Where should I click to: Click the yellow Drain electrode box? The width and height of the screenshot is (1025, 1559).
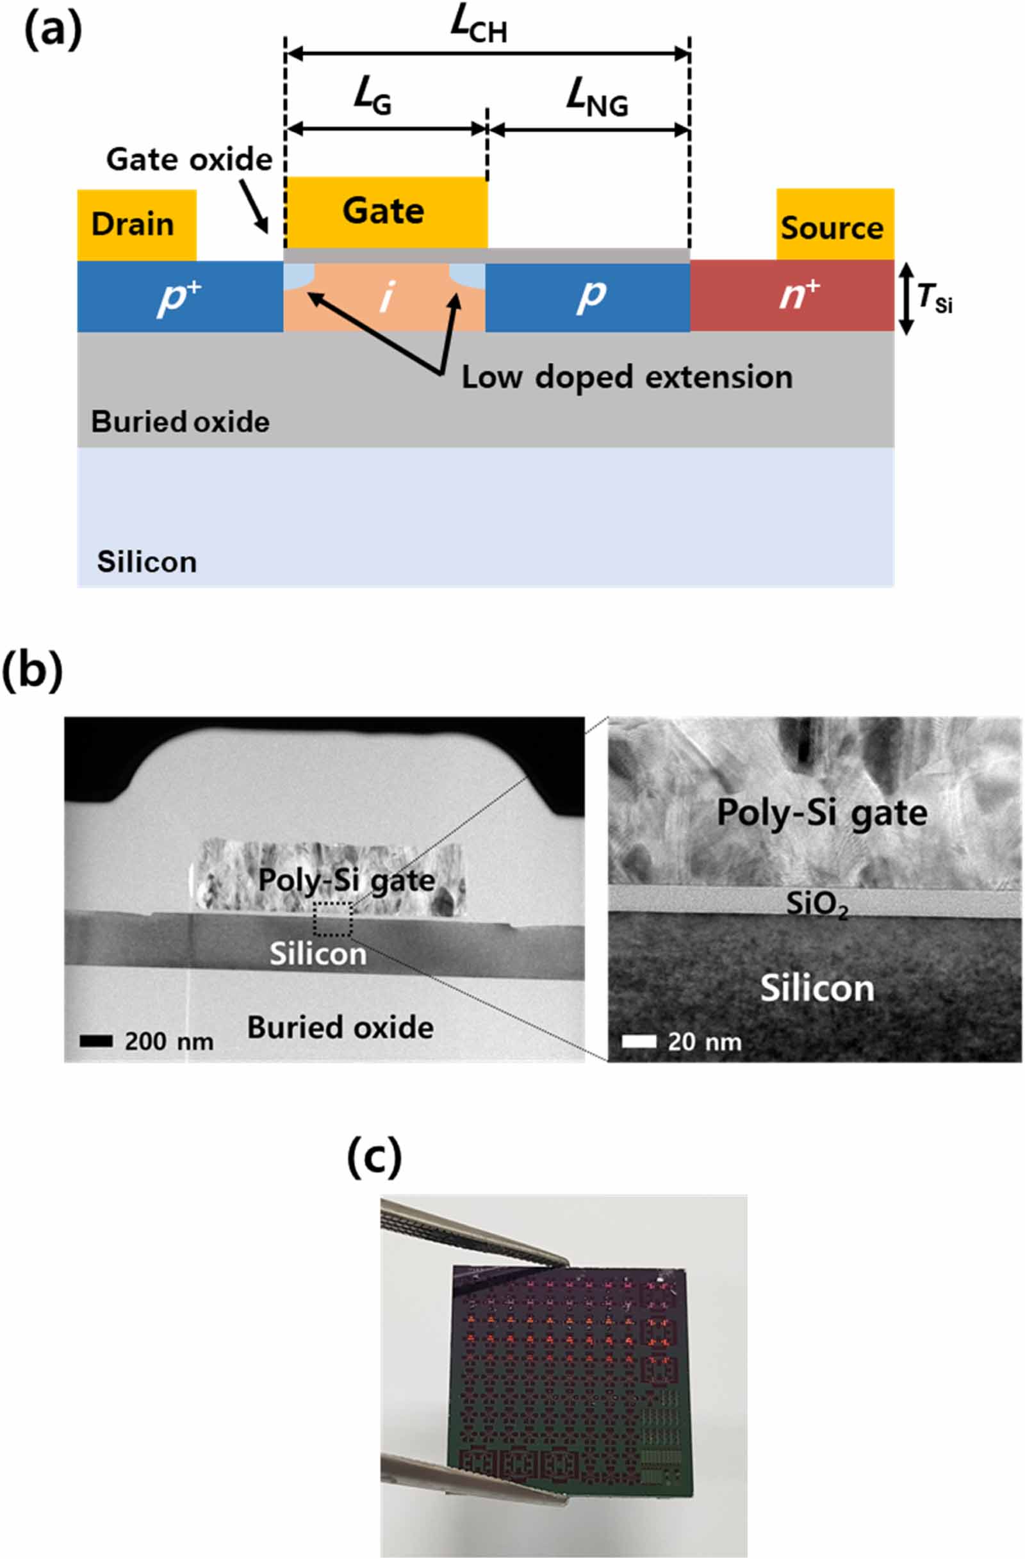(x=136, y=225)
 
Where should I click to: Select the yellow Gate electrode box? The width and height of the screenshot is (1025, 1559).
(x=386, y=211)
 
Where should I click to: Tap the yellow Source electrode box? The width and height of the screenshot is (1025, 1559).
(x=834, y=224)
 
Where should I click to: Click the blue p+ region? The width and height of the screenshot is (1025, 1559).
(x=179, y=297)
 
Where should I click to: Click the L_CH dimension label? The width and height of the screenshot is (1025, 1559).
(x=479, y=27)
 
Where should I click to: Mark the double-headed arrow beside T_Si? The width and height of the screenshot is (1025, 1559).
(x=905, y=298)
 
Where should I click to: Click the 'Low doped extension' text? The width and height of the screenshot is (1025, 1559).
(x=627, y=378)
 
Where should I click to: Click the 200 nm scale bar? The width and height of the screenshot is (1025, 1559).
(x=95, y=1041)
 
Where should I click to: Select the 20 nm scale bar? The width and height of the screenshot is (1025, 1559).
(x=639, y=1041)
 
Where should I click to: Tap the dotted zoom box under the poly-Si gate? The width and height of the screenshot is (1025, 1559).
(x=332, y=918)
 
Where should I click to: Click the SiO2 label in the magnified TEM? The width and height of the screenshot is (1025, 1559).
(x=816, y=904)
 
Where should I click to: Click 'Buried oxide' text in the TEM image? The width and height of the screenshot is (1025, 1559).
(x=340, y=1027)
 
